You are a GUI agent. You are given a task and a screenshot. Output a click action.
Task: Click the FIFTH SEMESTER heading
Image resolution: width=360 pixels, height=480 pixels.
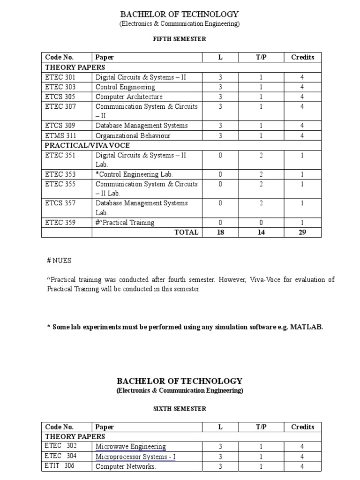pyautogui.click(x=180, y=39)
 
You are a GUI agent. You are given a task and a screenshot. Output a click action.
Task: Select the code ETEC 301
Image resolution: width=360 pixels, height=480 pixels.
pyautogui.click(x=60, y=77)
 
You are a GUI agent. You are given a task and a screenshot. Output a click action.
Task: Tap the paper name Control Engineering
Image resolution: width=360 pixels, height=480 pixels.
pyautogui.click(x=125, y=87)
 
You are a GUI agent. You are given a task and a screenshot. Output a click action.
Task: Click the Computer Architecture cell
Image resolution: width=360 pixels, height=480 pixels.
pyautogui.click(x=129, y=97)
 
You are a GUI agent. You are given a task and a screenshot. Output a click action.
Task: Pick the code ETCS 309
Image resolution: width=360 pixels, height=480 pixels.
pyautogui.click(x=60, y=126)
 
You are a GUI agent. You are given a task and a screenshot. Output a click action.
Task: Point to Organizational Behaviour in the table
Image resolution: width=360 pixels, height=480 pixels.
pyautogui.click(x=133, y=135)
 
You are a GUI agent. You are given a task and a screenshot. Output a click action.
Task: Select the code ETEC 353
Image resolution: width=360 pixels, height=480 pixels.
pyautogui.click(x=60, y=174)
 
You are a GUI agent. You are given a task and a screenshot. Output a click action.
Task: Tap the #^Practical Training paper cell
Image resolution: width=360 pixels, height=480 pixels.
pyautogui.click(x=125, y=223)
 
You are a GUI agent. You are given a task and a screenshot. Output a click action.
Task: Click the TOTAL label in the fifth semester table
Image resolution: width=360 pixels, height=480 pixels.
pyautogui.click(x=187, y=232)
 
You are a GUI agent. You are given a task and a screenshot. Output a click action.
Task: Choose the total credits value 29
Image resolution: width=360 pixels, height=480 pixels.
pyautogui.click(x=302, y=232)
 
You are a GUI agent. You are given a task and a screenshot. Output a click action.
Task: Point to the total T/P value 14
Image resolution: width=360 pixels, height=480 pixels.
pyautogui.click(x=261, y=232)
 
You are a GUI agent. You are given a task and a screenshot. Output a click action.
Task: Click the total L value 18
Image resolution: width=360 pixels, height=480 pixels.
pyautogui.click(x=220, y=232)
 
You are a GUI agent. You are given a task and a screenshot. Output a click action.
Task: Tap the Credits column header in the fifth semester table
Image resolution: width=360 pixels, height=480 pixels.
pyautogui.click(x=302, y=57)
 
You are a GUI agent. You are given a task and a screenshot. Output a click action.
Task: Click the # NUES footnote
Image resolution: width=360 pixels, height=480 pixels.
pyautogui.click(x=59, y=260)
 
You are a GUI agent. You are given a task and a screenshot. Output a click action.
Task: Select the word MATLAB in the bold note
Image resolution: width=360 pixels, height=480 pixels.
pyautogui.click(x=307, y=327)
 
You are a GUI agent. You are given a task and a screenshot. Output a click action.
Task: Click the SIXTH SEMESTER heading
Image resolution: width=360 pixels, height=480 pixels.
pyautogui.click(x=180, y=409)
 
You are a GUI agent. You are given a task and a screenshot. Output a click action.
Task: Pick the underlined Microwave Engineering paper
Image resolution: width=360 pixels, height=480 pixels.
pyautogui.click(x=130, y=447)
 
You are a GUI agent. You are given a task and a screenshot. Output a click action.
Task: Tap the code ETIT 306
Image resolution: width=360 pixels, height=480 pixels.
pyautogui.click(x=60, y=466)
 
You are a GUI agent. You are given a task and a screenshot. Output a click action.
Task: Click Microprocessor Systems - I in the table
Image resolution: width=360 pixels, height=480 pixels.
pyautogui.click(x=135, y=457)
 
